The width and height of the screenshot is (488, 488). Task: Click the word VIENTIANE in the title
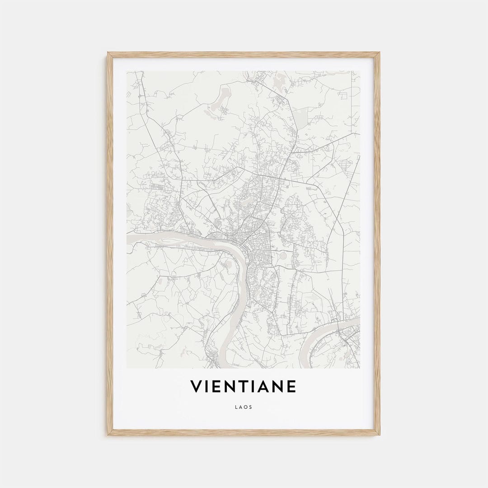(x=243, y=387)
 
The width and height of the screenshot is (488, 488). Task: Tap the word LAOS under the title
(x=244, y=407)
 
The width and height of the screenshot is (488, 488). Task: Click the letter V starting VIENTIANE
(x=196, y=387)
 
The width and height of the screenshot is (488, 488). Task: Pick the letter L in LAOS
(x=236, y=407)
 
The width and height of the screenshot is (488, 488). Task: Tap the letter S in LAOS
(x=251, y=407)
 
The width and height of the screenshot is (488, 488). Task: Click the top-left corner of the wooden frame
(x=108, y=53)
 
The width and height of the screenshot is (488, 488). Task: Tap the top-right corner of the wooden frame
(x=379, y=53)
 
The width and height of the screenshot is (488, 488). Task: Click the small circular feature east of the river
(x=283, y=256)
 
